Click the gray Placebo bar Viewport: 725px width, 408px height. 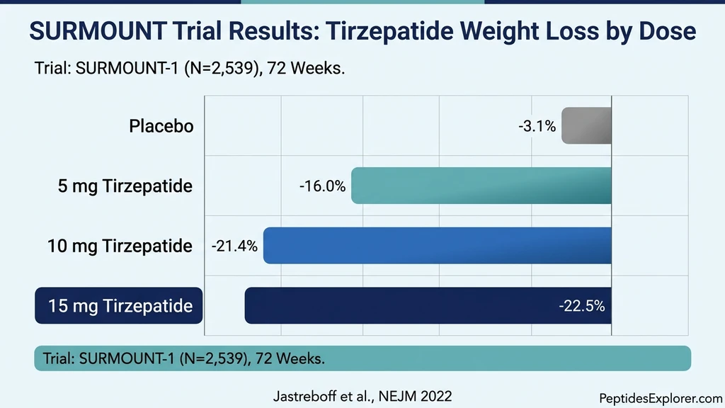(x=586, y=126)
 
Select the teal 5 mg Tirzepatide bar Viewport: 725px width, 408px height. (x=481, y=186)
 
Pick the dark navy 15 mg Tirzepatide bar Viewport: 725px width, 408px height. (x=396, y=306)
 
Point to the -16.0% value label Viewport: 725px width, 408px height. (x=322, y=186)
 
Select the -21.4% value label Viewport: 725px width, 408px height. (x=234, y=246)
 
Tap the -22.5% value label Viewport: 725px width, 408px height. (x=581, y=306)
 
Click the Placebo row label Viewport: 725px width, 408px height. (x=161, y=127)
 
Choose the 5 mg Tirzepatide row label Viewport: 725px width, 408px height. (x=125, y=187)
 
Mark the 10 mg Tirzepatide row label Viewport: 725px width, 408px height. (x=120, y=246)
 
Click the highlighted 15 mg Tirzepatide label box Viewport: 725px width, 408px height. (x=119, y=306)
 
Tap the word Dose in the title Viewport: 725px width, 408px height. (x=666, y=33)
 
